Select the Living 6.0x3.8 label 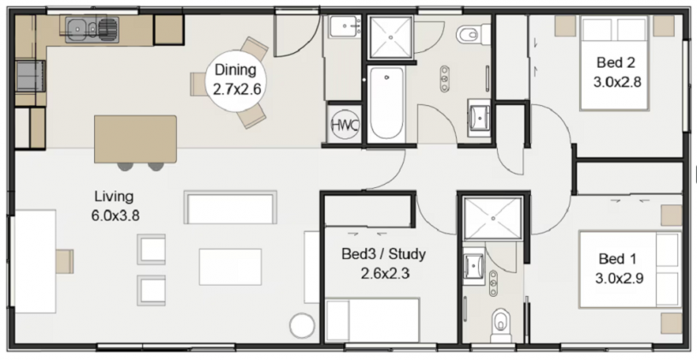tap(115, 206)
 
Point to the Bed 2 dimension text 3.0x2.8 tap(617, 82)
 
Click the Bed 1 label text tap(618, 258)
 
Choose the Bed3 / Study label tap(384, 254)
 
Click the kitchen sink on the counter tap(92, 29)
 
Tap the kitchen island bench tap(136, 139)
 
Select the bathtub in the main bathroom tap(387, 105)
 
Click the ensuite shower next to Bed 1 tap(493, 218)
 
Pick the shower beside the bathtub tap(391, 37)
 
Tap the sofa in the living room tap(230, 208)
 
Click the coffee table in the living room tap(230, 267)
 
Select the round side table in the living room tap(302, 326)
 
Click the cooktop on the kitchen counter tap(30, 76)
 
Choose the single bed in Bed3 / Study tap(373, 320)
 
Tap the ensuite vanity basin tap(474, 267)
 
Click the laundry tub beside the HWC tap(346, 27)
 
